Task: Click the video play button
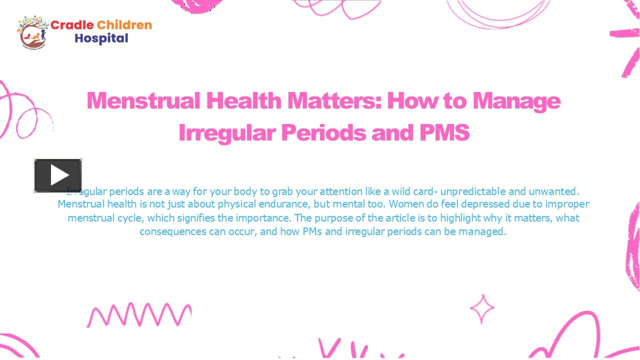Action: [58, 175]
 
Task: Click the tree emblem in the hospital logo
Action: [33, 32]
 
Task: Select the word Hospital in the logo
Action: [101, 38]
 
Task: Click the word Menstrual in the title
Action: [143, 100]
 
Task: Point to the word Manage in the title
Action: [516, 100]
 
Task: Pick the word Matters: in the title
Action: [334, 100]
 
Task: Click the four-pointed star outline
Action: [482, 309]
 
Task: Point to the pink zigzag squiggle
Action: [139, 314]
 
